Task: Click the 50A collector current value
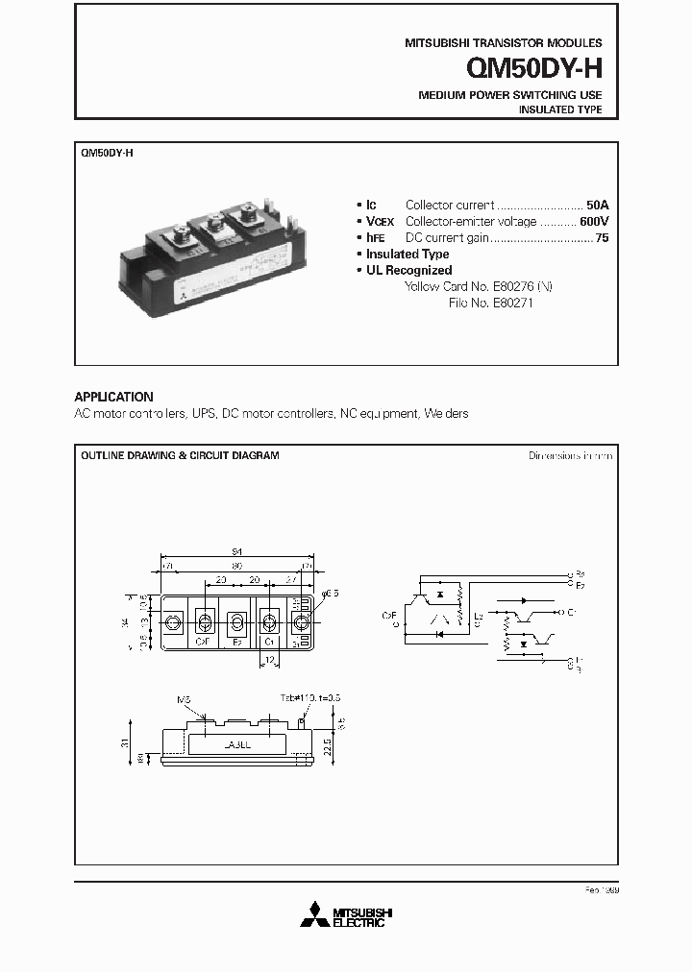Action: coord(598,205)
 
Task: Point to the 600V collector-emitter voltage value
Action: coord(594,221)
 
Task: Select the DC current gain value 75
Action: coord(602,237)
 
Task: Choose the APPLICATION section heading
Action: coord(113,397)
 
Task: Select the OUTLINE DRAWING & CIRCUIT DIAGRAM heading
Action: coord(180,455)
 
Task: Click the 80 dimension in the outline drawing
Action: coord(236,567)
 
